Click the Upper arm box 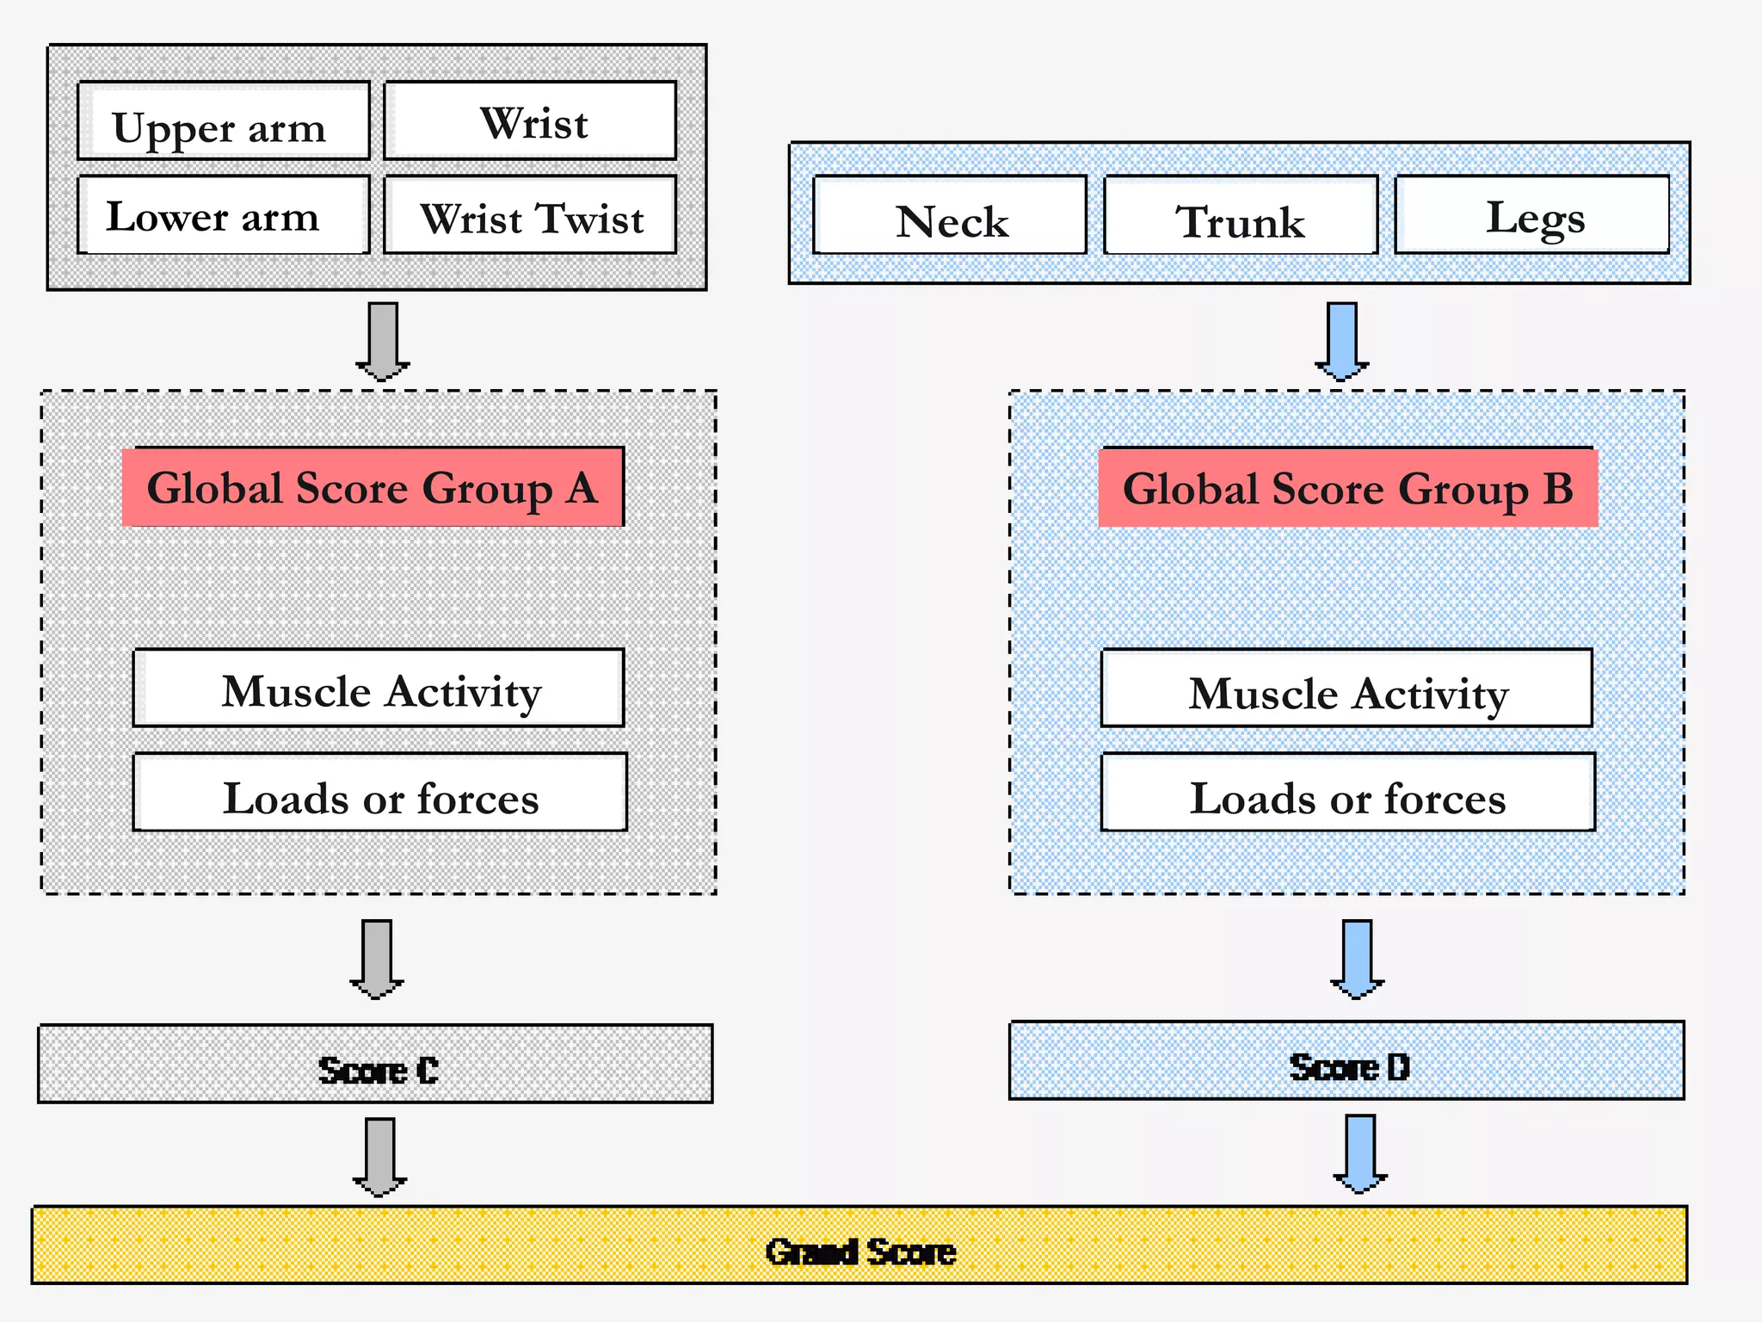224,121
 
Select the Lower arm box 224,215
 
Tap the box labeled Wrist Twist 530,215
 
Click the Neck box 950,216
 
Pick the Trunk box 1241,216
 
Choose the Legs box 1532,215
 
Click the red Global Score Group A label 373,487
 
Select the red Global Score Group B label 1347,488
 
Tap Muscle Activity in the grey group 379,689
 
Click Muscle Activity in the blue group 1346,689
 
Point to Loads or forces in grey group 380,793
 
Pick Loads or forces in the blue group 1347,793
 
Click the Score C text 378,1070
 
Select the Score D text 1349,1067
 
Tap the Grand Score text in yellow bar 860,1251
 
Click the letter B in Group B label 1557,488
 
